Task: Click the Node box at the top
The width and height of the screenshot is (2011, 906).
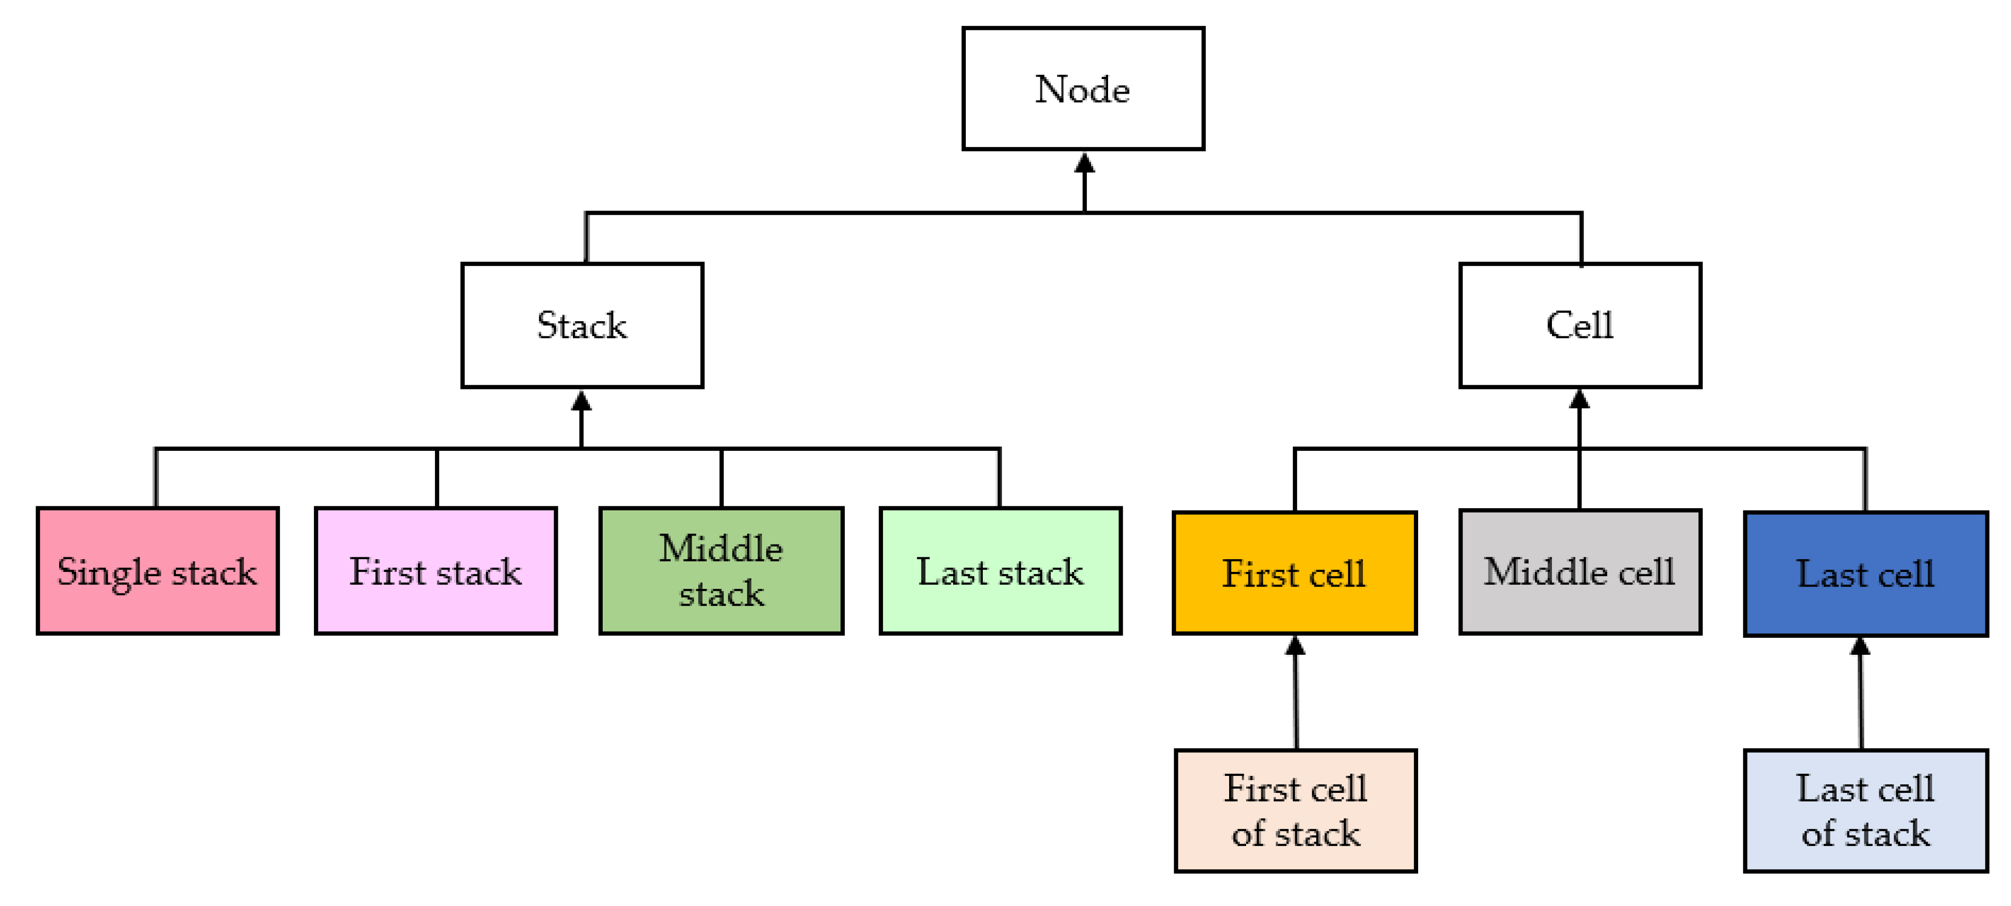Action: click(1083, 89)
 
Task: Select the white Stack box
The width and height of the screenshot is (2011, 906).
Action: click(582, 325)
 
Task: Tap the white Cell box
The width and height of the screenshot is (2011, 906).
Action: click(1579, 325)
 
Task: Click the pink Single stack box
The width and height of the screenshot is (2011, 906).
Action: click(158, 571)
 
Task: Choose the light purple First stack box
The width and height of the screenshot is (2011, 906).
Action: click(435, 571)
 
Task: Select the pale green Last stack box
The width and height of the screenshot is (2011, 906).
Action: click(1000, 571)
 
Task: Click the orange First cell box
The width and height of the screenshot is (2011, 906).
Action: click(1294, 573)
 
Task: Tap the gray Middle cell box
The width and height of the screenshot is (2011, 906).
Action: click(1579, 572)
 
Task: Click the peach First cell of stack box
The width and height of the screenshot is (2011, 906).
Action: click(1295, 811)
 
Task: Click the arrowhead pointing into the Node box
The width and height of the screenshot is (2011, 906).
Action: click(1084, 163)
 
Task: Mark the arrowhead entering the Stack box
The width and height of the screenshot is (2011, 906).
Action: click(581, 402)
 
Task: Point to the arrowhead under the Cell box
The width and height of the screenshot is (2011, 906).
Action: click(1579, 400)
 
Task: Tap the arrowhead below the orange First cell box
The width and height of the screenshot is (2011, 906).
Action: click(1295, 646)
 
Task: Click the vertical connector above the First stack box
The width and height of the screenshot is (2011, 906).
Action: click(436, 478)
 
